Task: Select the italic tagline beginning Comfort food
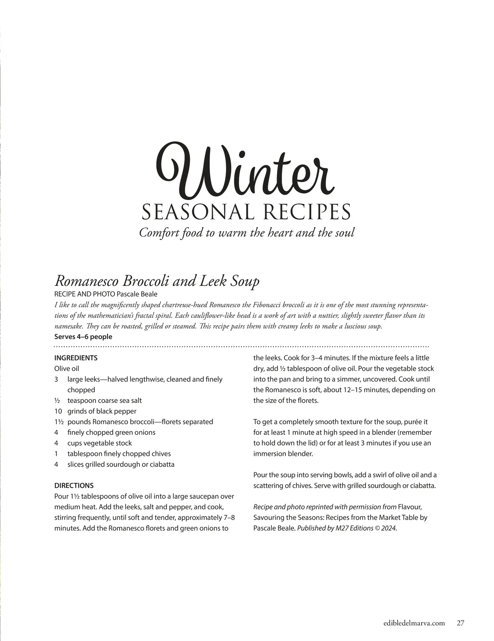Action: (247, 233)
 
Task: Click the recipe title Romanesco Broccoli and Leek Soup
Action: (157, 281)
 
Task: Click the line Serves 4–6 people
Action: (83, 337)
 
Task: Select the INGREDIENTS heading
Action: (76, 358)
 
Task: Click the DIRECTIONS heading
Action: (74, 485)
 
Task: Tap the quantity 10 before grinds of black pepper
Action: (58, 411)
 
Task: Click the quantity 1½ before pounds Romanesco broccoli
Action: (59, 422)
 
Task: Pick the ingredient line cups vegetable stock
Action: (100, 443)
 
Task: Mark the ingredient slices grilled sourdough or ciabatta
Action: (121, 464)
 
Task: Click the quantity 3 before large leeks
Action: (56, 379)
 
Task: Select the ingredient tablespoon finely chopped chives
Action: (119, 454)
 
